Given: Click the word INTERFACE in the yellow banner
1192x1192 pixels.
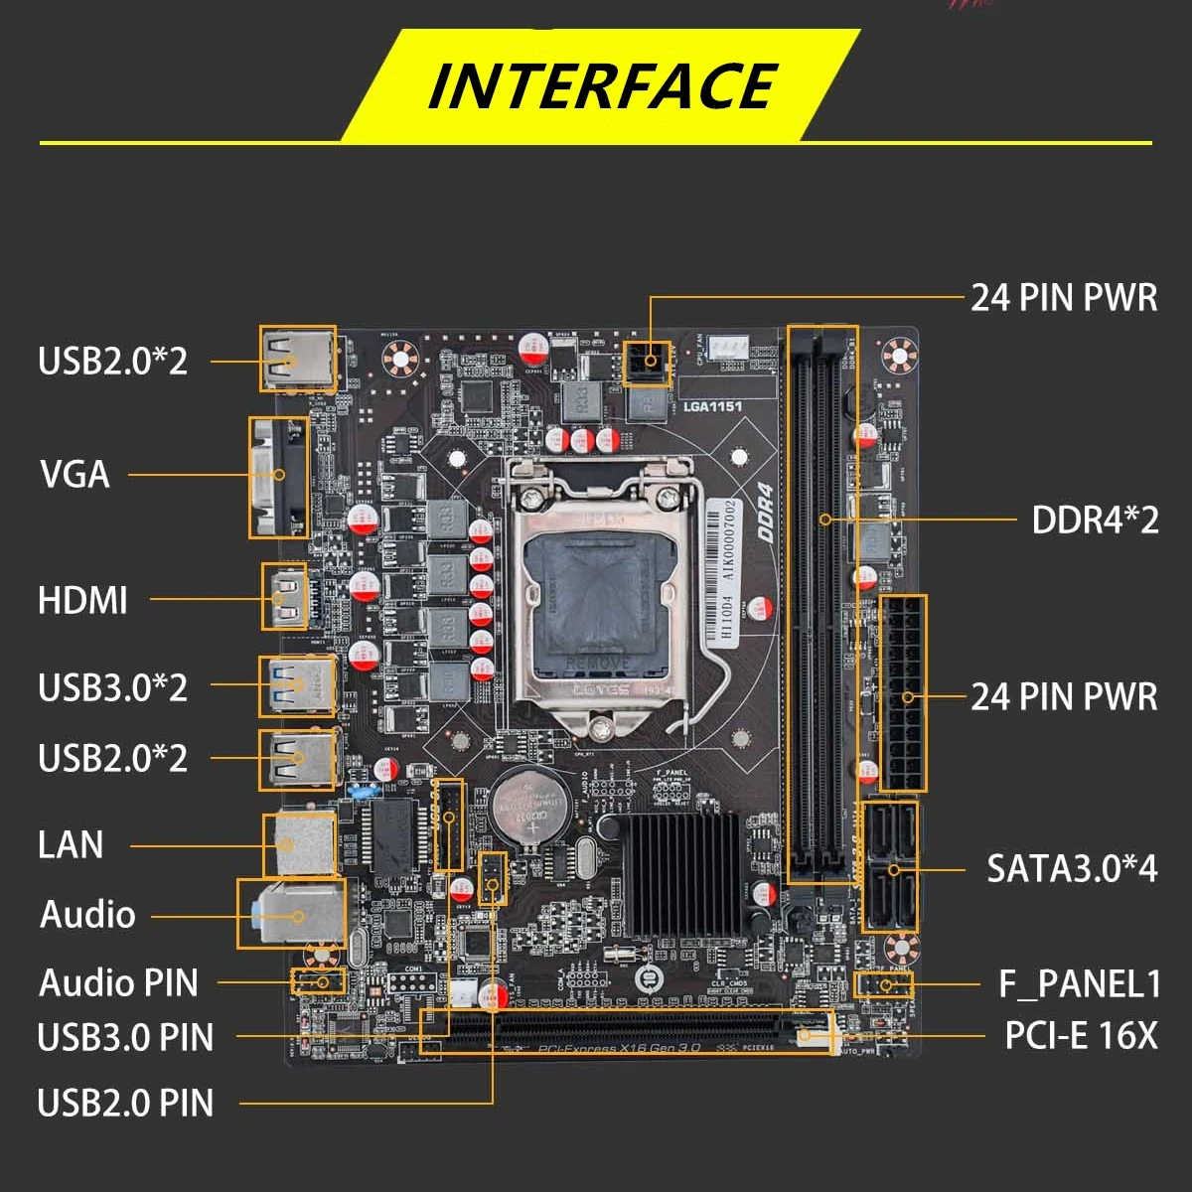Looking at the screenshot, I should (602, 85).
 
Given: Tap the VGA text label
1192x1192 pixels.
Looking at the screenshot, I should (74, 475).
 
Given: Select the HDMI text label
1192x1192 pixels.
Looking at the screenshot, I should (82, 600).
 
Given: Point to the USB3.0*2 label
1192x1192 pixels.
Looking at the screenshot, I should (112, 687).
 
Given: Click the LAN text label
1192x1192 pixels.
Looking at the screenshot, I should (71, 845).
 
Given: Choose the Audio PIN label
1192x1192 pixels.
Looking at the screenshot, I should (118, 983).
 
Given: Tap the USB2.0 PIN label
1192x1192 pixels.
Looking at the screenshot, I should (125, 1103).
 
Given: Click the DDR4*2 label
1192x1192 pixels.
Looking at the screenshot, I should (1095, 520).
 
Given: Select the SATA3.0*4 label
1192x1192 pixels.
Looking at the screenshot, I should (1072, 868).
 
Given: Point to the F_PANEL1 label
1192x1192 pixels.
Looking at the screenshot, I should (1080, 984).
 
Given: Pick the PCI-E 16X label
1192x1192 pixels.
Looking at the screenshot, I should (1081, 1036).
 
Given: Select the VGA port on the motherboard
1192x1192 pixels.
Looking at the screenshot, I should (279, 477).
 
